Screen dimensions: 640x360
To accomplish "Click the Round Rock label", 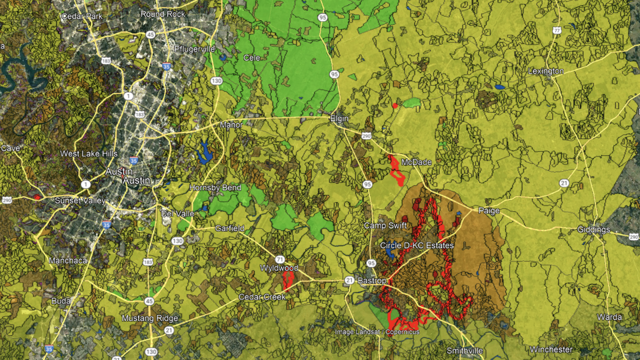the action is (x=163, y=14).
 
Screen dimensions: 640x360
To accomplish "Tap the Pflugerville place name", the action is (x=194, y=49).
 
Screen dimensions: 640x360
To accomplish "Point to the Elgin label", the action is (x=339, y=119).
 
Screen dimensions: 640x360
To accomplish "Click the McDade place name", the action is (x=416, y=162).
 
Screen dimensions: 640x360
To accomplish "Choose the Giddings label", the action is (x=594, y=230).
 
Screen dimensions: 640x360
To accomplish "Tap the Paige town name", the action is (x=489, y=211).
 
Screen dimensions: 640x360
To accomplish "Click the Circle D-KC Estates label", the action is (x=417, y=246).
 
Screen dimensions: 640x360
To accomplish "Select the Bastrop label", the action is (x=372, y=281).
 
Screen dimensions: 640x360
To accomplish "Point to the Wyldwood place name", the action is (x=279, y=268).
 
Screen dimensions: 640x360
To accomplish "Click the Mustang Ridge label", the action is (x=150, y=319).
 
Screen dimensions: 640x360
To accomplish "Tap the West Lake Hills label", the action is (x=89, y=154).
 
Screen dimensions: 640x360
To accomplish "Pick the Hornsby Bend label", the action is (x=215, y=187).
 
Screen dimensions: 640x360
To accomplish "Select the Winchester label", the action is (x=551, y=350).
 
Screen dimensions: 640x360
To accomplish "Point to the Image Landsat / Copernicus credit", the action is (x=377, y=332).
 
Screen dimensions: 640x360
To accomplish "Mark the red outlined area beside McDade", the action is (x=397, y=171).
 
